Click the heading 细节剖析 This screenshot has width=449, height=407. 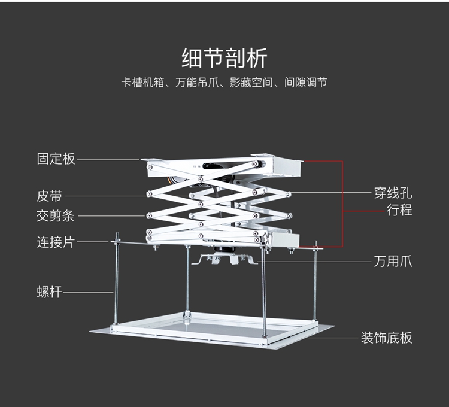coord(224,59)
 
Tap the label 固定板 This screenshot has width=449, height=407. coord(56,159)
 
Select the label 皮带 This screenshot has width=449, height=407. coord(50,196)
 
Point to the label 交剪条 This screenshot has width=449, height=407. coord(56,216)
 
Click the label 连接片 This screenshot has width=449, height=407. coord(56,242)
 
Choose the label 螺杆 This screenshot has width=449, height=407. coord(50,293)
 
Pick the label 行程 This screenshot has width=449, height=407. coord(399,211)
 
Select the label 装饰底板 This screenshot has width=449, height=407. coord(386,338)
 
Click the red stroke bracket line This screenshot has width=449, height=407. coord(342,203)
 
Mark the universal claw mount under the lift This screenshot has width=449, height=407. coord(224,259)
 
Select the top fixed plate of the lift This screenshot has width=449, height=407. coord(222,163)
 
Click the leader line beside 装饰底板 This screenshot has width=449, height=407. coord(335,338)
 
